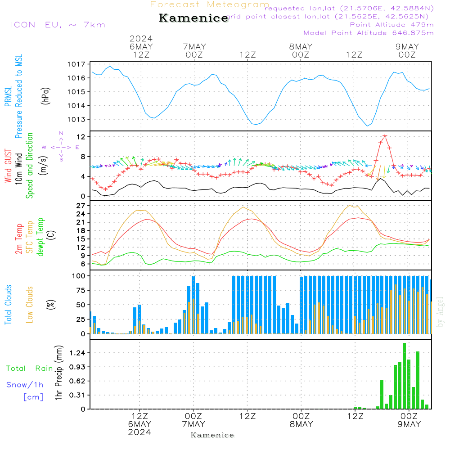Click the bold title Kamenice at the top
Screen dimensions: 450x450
tap(193, 18)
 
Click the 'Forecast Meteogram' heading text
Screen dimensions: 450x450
tap(210, 4)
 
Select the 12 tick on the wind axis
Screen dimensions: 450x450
tap(81, 136)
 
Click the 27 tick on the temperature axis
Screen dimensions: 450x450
tap(81, 206)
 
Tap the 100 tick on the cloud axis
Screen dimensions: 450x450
tap(79, 276)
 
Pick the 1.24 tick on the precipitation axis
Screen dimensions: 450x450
tap(78, 353)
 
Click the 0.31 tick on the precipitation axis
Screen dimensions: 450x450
tap(78, 395)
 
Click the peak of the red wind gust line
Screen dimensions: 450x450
tap(385, 135)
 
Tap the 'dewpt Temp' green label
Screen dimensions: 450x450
tap(40, 237)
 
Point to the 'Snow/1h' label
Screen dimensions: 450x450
tap(25, 385)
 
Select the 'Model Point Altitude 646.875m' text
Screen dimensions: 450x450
tap(369, 33)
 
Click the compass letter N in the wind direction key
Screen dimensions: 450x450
tap(61, 133)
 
